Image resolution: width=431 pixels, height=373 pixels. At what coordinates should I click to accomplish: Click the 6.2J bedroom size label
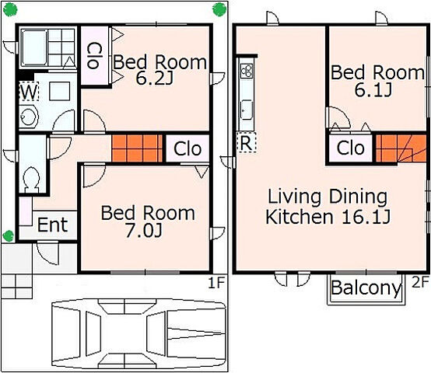pos(154,78)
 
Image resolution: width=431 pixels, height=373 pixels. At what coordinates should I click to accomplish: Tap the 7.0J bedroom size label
pos(144,230)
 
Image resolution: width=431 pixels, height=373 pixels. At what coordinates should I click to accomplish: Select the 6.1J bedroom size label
pos(373,89)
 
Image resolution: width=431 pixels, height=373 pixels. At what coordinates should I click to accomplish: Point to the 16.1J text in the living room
pos(366,217)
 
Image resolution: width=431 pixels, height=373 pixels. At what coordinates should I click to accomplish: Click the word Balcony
pos(366,288)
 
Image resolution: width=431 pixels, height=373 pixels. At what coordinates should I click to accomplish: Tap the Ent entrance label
pos(52,225)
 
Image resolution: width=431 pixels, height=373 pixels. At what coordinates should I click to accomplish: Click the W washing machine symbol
pos(29,92)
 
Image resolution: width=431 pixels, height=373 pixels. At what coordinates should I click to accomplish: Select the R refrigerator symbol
pos(247,142)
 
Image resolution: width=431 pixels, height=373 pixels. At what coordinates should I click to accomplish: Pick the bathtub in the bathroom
pos(34,47)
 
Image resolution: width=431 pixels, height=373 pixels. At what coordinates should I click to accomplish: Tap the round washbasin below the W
pos(29,117)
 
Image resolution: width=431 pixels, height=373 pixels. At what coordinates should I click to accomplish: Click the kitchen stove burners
pos(247,71)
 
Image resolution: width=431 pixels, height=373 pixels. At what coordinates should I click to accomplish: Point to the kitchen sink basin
pos(247,110)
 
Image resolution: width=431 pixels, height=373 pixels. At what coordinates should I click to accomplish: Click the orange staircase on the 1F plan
pos(137,148)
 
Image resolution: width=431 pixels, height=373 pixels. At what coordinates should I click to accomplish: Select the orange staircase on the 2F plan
pos(401,148)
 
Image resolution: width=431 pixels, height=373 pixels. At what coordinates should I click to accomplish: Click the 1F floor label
pos(216,283)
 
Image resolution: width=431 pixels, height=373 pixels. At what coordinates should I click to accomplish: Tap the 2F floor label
pos(420,282)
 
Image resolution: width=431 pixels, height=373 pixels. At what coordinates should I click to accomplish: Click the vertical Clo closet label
pos(94,55)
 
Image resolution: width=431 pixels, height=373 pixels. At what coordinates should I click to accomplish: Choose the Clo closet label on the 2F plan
pos(351,148)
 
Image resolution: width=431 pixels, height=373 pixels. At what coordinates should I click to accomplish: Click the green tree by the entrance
pos(9,236)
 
